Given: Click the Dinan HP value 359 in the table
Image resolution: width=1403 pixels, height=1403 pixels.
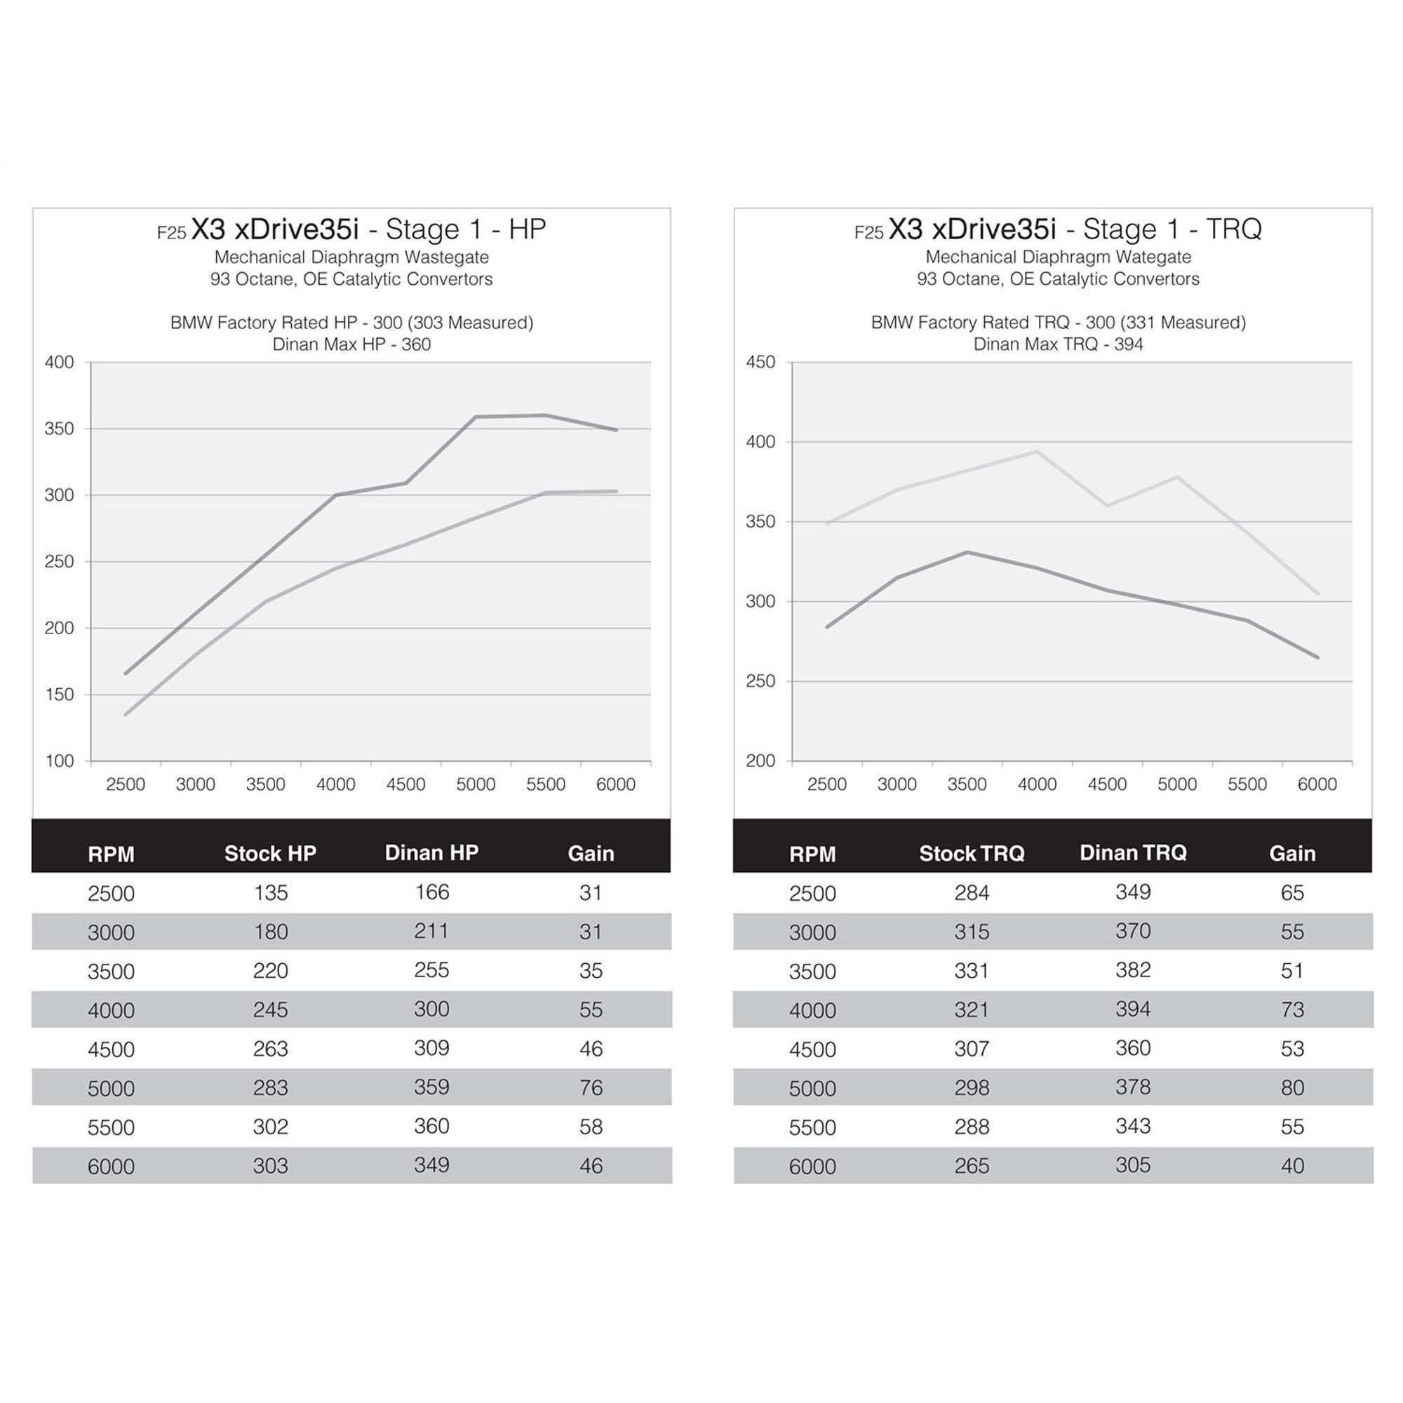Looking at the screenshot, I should tap(431, 1087).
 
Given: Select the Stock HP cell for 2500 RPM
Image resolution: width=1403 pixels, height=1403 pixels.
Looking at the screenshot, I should tap(271, 892).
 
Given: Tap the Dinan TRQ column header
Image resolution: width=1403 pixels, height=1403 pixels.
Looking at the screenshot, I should tap(1133, 852).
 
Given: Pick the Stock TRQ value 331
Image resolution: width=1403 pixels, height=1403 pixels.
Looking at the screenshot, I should tap(972, 971).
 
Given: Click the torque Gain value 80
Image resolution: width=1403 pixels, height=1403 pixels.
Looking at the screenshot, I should tap(1292, 1088).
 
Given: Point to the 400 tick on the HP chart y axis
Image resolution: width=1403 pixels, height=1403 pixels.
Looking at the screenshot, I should tap(60, 363).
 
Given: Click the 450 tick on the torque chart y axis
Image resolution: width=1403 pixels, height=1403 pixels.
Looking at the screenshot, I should tap(760, 363).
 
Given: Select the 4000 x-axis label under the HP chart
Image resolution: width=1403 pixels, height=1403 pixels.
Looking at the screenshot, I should tap(335, 785).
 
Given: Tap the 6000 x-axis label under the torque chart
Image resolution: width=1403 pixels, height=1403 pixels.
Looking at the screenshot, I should tap(1317, 785).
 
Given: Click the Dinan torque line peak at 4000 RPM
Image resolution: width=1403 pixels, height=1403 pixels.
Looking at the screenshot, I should tap(1036, 452).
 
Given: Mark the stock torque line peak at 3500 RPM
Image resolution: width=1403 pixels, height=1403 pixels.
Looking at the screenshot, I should tap(967, 552).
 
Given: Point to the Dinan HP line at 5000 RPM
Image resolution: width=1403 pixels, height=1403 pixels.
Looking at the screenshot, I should tap(476, 417).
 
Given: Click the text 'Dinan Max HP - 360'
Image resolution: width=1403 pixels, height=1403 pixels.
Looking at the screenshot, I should tap(351, 344).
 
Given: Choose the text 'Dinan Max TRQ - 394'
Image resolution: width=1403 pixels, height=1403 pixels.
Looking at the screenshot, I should tap(1058, 344).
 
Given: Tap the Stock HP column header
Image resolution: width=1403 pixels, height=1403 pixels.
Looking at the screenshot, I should tap(270, 853).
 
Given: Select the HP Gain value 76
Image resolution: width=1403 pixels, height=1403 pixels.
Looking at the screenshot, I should tap(591, 1088).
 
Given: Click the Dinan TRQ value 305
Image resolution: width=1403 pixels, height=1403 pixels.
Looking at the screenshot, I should tap(1133, 1165).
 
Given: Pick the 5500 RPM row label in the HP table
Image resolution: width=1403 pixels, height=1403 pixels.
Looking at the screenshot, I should tap(111, 1128).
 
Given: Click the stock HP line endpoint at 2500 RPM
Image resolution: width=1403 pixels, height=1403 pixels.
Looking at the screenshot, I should tap(126, 715).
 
